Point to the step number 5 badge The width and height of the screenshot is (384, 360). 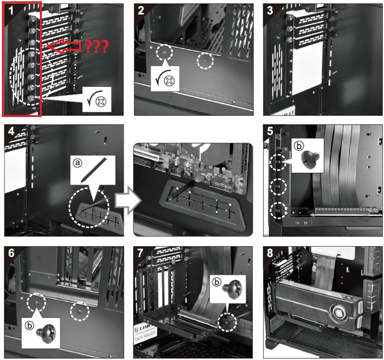click(271, 131)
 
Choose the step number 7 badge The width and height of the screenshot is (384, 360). click(142, 252)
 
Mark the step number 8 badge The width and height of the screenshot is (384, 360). click(271, 252)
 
